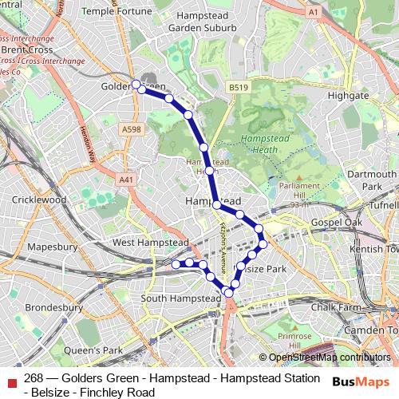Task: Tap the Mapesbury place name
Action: tap(51, 247)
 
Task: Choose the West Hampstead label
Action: tap(150, 242)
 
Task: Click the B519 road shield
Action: tap(236, 87)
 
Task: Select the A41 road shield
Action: tap(126, 180)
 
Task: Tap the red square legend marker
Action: tap(10, 380)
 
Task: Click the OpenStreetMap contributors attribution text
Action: tap(330, 358)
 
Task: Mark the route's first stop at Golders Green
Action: tap(136, 84)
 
